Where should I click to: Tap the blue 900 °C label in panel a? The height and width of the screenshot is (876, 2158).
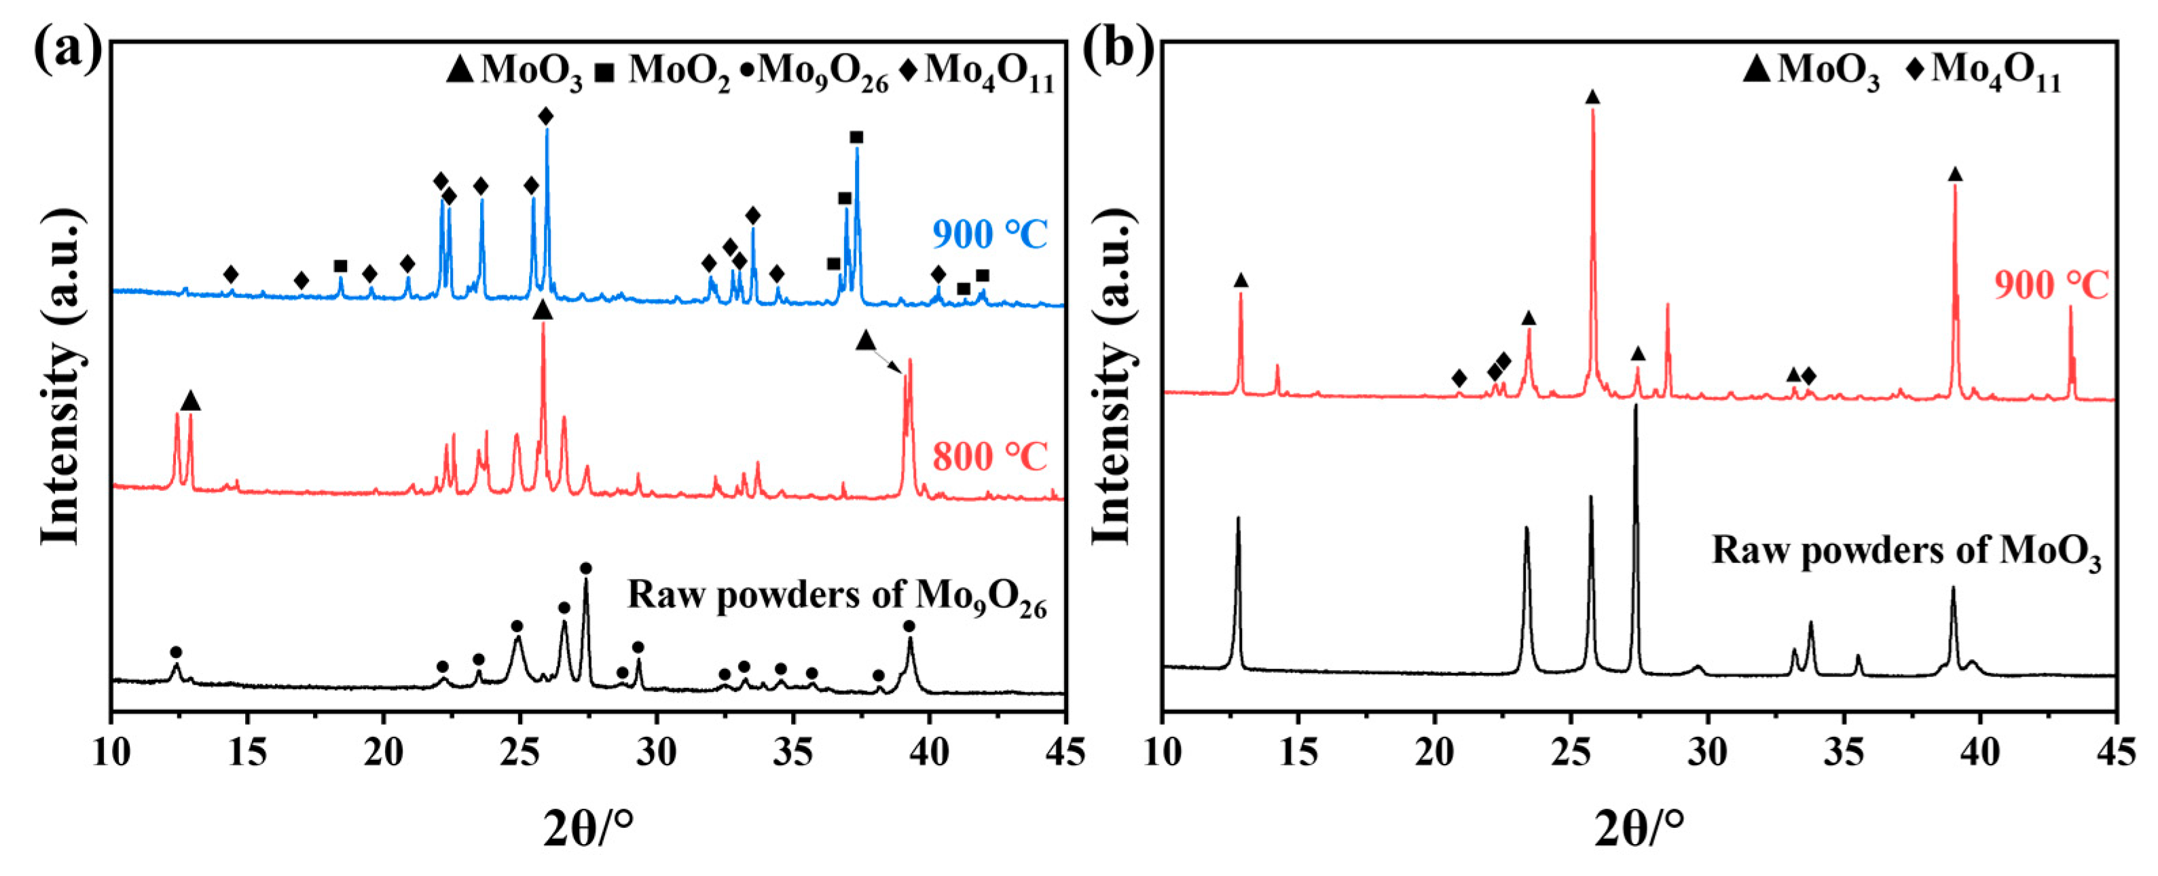click(x=989, y=234)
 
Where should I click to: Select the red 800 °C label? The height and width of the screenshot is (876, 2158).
click(x=989, y=457)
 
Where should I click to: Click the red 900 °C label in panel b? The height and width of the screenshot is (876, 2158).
click(x=2050, y=286)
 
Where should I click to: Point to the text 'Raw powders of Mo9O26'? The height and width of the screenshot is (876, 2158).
click(x=837, y=596)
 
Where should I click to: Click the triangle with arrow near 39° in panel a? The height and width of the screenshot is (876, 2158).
click(x=865, y=341)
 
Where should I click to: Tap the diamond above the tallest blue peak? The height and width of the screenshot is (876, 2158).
click(x=546, y=115)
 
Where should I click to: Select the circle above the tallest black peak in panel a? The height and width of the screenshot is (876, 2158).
click(x=585, y=568)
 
